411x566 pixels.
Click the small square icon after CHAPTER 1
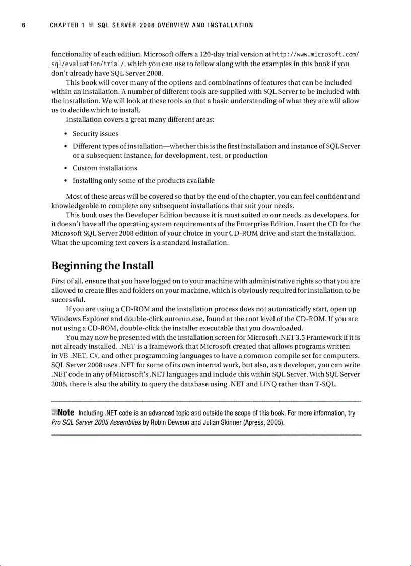pyautogui.click(x=91, y=25)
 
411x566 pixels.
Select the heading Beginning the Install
pyautogui.click(x=102, y=266)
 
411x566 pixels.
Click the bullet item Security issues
pyautogui.click(x=96, y=134)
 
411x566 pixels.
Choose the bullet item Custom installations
pyautogui.click(x=105, y=168)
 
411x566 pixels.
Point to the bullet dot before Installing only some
pyautogui.click(x=67, y=181)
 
